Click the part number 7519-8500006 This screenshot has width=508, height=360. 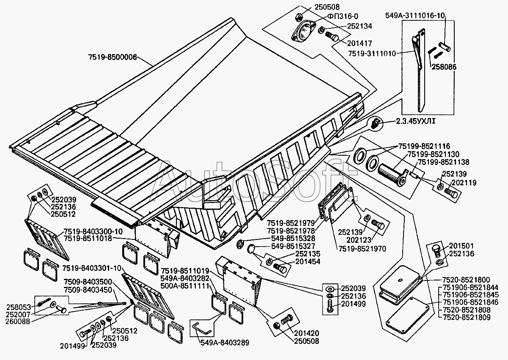click(113, 57)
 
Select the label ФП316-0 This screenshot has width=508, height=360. click(343, 16)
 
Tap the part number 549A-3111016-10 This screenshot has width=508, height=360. click(415, 16)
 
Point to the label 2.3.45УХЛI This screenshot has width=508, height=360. click(416, 121)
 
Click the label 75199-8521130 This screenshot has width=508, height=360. click(434, 154)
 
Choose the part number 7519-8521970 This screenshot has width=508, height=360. click(362, 249)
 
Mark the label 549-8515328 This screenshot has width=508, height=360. click(293, 239)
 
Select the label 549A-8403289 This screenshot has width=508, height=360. click(225, 343)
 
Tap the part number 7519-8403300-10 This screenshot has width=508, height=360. click(93, 231)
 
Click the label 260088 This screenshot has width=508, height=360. click(18, 321)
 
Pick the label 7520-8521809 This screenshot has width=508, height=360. click(466, 317)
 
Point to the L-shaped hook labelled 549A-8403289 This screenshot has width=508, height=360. click(202, 328)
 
